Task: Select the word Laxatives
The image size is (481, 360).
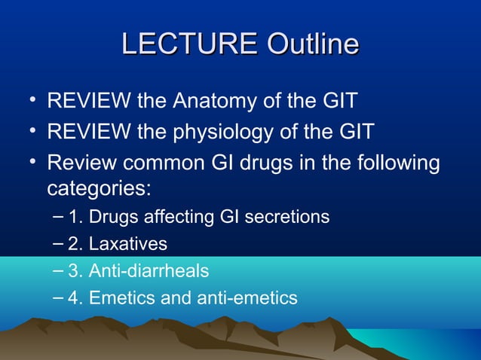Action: pos(128,244)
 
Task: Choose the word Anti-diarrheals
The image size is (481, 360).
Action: pos(149,270)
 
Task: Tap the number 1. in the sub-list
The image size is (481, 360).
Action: pos(75,218)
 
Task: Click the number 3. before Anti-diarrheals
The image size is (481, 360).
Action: pos(75,270)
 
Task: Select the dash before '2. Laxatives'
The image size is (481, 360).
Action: pos(59,243)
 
